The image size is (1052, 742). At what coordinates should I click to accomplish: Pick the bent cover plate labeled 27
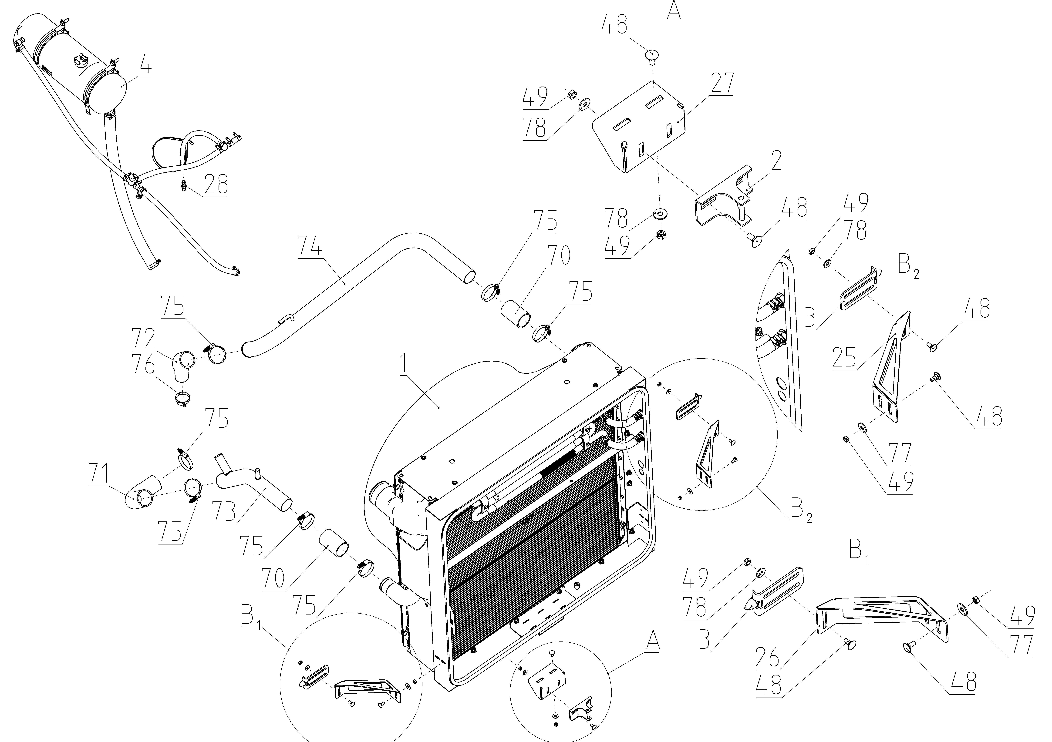coord(639,128)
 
